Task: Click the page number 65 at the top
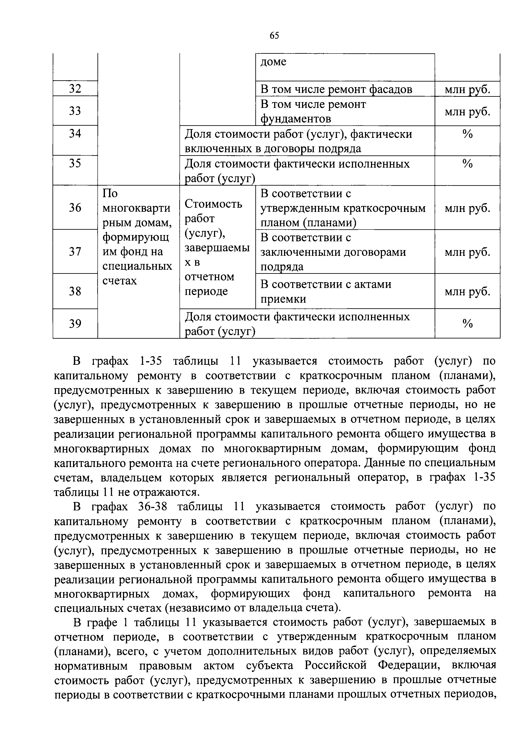coord(274,35)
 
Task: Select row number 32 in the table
coord(75,89)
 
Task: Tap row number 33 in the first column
coord(75,111)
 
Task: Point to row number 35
coord(75,163)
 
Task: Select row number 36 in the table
coord(75,208)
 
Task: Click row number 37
coord(75,252)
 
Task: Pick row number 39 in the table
coord(75,323)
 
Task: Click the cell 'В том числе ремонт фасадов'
coord(336,89)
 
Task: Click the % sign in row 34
coord(467,134)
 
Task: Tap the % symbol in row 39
coord(467,323)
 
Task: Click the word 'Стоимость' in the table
coord(213,204)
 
